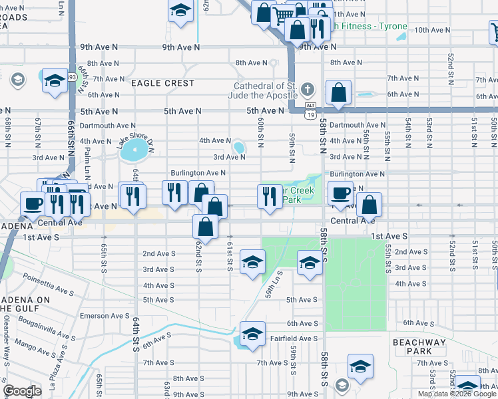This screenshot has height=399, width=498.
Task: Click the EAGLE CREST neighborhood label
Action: tap(162, 83)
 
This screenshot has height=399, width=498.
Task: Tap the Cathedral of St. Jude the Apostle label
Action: tap(264, 90)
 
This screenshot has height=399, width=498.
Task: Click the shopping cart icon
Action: tap(284, 15)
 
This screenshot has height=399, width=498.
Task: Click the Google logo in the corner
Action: tap(22, 391)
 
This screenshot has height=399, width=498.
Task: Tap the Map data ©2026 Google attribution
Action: tap(457, 394)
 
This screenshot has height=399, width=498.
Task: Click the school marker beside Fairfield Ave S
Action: tap(252, 335)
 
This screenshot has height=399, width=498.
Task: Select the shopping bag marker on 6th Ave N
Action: tap(339, 92)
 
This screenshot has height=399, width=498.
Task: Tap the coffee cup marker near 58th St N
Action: tap(340, 194)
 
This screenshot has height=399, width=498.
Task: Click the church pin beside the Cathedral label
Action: tap(307, 88)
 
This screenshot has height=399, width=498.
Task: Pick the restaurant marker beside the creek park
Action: tap(269, 197)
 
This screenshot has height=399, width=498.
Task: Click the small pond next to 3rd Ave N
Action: tap(238, 146)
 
